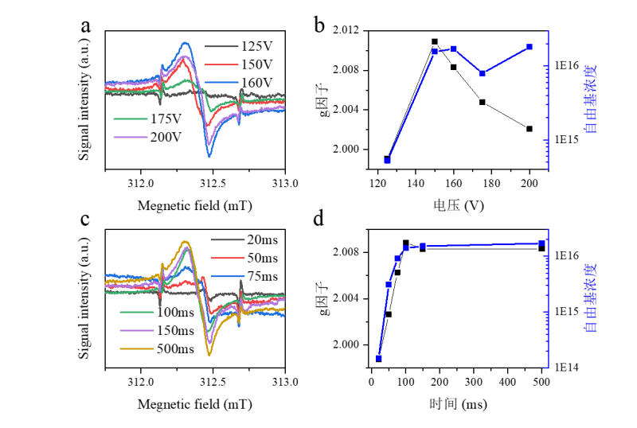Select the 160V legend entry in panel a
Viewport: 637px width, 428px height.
[257, 82]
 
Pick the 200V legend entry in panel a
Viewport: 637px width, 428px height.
[166, 136]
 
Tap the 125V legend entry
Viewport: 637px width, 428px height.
[257, 45]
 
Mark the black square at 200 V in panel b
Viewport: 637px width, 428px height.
[529, 129]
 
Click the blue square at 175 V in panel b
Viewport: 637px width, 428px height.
[483, 73]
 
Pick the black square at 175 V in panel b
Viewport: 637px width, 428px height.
[483, 102]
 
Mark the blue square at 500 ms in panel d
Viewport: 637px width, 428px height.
[541, 243]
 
